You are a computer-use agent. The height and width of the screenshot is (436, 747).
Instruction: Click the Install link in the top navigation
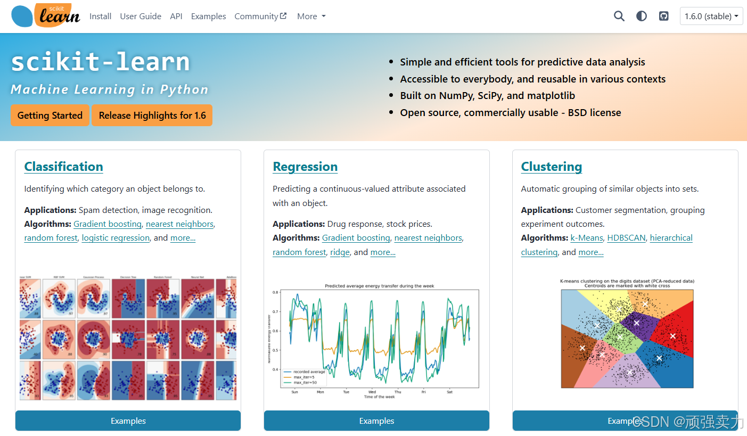click(100, 17)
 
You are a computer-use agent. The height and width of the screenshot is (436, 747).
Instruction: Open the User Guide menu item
click(141, 17)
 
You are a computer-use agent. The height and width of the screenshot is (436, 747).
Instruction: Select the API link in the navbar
click(176, 17)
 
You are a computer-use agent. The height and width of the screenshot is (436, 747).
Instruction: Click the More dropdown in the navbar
click(311, 17)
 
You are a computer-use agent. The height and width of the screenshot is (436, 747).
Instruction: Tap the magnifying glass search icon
click(619, 16)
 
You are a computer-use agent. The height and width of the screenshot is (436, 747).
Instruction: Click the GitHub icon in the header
click(663, 16)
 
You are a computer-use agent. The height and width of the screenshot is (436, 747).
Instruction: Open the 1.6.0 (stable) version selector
click(711, 16)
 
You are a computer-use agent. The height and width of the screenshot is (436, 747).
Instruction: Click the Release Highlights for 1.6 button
click(152, 116)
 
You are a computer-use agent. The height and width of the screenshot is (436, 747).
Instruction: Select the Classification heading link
click(64, 167)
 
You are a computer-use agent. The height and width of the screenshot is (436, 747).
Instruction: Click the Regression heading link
click(305, 167)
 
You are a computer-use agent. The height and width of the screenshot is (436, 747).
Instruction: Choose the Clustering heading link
click(551, 167)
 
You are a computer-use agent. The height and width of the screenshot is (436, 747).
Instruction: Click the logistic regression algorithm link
click(116, 238)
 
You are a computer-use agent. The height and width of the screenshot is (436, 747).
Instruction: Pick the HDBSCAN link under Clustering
click(626, 238)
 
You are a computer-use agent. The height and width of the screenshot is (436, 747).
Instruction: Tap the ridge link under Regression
click(340, 252)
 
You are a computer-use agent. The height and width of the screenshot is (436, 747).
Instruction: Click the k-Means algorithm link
click(587, 238)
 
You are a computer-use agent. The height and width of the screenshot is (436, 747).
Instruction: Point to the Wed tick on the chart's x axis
click(372, 392)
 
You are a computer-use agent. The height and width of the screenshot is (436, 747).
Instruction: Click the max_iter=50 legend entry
click(305, 382)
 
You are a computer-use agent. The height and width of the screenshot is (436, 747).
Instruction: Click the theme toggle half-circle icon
click(642, 16)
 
